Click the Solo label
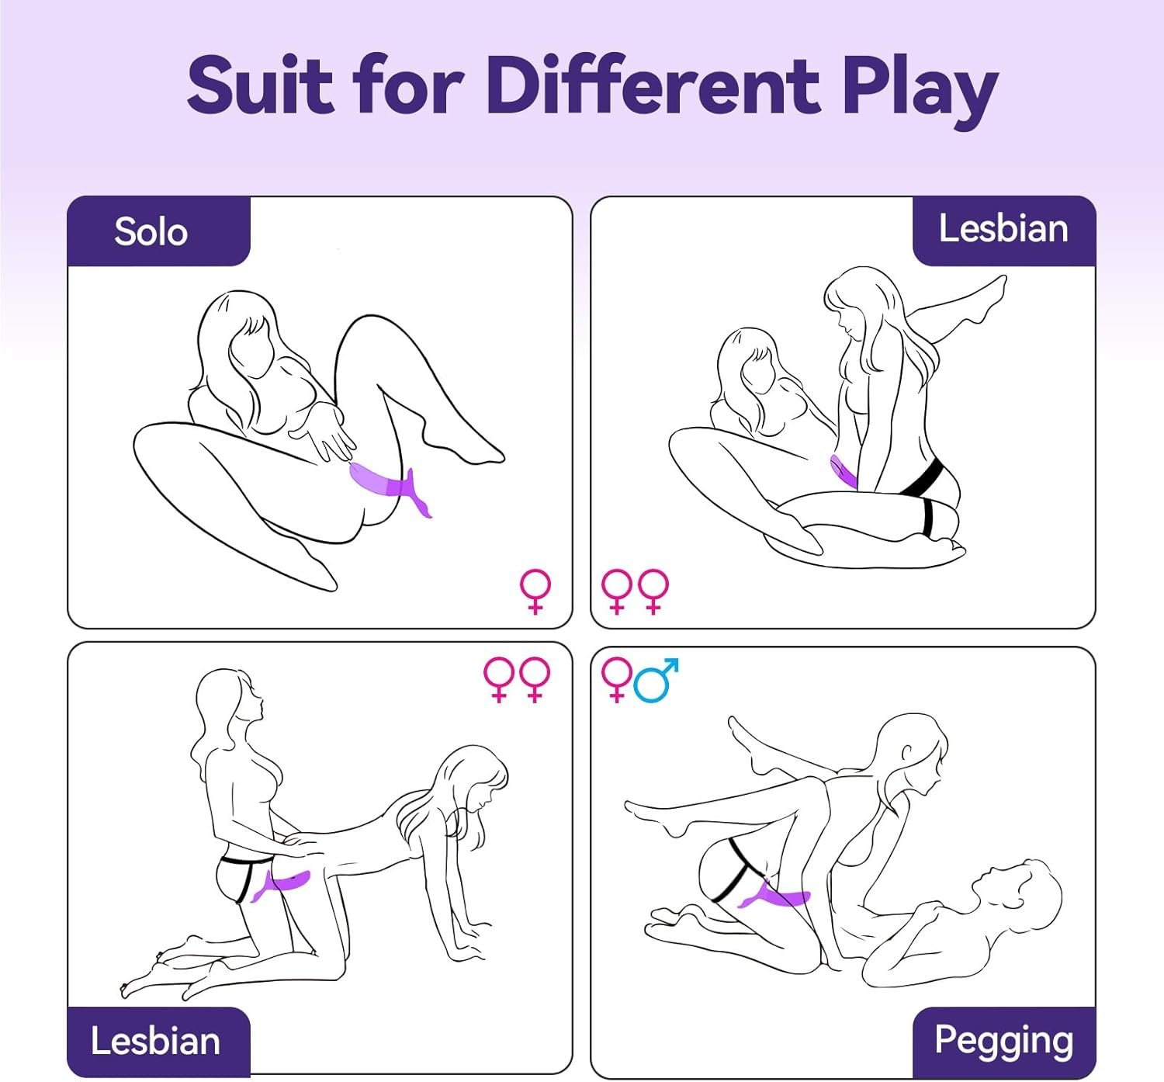tap(151, 231)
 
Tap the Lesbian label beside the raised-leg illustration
tap(1003, 228)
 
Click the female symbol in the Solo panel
tap(535, 591)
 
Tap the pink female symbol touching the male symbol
tap(617, 680)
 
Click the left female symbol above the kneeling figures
tap(499, 680)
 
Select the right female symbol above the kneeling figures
tap(535, 680)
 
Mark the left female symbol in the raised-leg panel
tap(617, 591)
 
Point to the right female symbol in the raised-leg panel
tap(653, 591)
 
